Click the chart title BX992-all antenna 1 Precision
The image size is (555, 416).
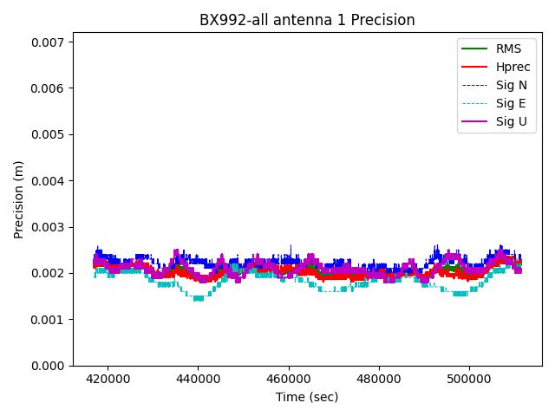click(307, 20)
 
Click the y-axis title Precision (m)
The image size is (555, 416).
click(18, 199)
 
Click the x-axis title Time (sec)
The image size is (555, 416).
click(307, 397)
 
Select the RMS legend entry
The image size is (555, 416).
click(509, 49)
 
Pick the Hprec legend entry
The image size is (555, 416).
click(513, 67)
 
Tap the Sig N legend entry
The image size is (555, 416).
click(511, 85)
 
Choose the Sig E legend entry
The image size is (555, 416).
click(511, 103)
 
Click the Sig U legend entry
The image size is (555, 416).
click(511, 121)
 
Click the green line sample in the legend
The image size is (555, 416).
click(474, 49)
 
